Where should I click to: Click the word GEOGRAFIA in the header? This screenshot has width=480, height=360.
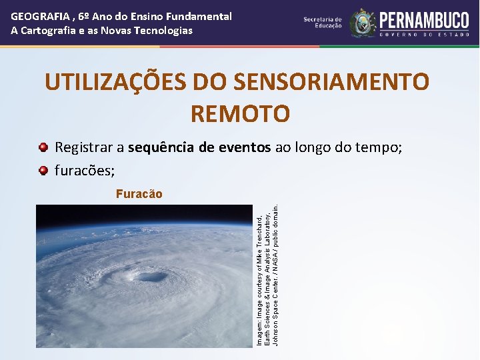pos(37,16)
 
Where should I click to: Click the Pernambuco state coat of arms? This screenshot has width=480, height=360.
pos(363,23)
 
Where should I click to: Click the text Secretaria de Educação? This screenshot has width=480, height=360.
pos(323,23)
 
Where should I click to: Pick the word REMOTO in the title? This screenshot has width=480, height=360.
pos(240,114)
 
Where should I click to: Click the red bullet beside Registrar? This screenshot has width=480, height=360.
pos(43,147)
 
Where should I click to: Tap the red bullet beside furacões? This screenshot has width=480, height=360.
pos(43,171)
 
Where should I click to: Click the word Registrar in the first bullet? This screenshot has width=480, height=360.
pos(89,147)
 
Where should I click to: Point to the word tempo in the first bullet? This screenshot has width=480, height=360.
pos(377,147)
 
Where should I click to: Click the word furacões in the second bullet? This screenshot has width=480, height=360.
pos(85,171)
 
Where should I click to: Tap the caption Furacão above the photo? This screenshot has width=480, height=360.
pos(139,194)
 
